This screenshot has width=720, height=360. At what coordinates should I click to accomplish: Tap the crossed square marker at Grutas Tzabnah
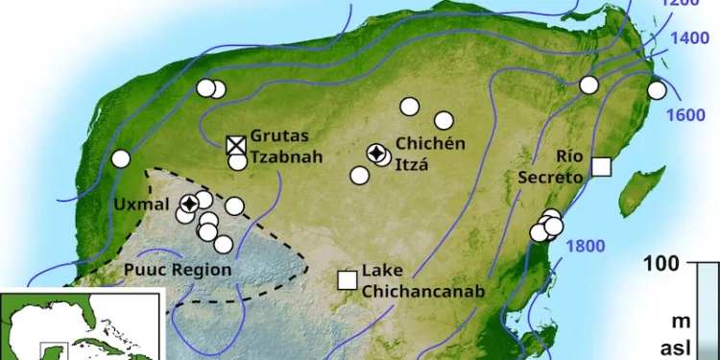[236, 145]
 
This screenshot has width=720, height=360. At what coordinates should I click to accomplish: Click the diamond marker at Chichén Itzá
[379, 154]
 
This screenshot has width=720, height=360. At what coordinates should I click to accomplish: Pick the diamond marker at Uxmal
[190, 203]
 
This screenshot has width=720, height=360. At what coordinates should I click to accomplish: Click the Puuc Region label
[178, 270]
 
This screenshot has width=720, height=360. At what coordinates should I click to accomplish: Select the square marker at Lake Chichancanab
[348, 279]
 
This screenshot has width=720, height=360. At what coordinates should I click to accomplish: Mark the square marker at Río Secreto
[601, 166]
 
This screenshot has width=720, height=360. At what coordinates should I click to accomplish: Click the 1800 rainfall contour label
[585, 245]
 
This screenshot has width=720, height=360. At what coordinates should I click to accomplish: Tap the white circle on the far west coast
[121, 158]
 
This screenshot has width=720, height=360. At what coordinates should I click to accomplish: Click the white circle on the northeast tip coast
[657, 90]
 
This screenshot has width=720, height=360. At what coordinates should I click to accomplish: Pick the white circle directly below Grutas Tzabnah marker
[238, 161]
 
